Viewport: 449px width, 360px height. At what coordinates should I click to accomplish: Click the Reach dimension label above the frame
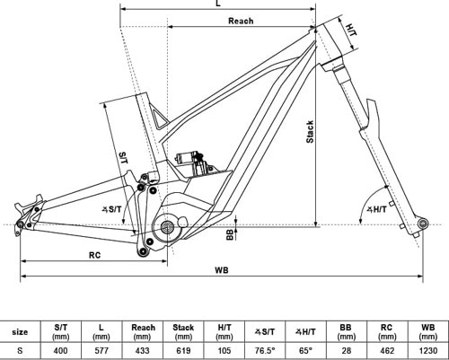click(241, 21)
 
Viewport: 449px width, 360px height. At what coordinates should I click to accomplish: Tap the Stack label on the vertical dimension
click(310, 132)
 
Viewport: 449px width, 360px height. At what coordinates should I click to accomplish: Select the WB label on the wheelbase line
click(222, 270)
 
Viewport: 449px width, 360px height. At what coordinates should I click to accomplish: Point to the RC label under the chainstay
click(94, 255)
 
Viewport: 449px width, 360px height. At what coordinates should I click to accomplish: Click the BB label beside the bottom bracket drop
click(230, 234)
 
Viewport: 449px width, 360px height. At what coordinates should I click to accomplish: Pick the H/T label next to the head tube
click(351, 31)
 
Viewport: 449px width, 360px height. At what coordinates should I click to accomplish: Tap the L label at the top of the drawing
click(218, 4)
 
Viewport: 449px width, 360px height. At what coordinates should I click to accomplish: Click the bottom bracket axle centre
click(166, 227)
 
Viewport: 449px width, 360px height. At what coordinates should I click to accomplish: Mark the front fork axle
click(423, 224)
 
